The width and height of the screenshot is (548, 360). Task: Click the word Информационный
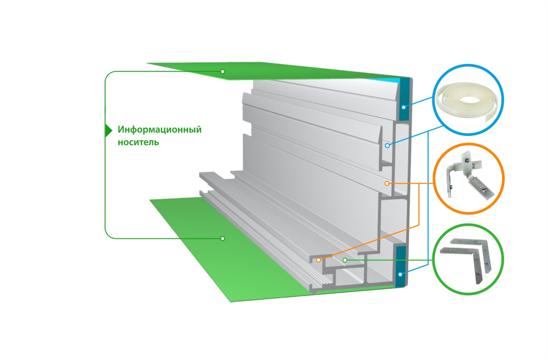pos(159,130)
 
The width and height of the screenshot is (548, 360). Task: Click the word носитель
pos(138,142)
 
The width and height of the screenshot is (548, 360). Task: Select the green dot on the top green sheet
pos(222,72)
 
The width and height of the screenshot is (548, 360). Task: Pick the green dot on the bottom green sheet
pos(222,238)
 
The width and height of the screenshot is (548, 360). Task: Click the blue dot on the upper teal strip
pos(402,107)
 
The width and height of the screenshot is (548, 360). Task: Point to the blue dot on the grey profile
pos(387,146)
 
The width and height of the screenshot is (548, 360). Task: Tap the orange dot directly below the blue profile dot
pos(387,183)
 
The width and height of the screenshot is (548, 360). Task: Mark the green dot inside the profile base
pos(344,260)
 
